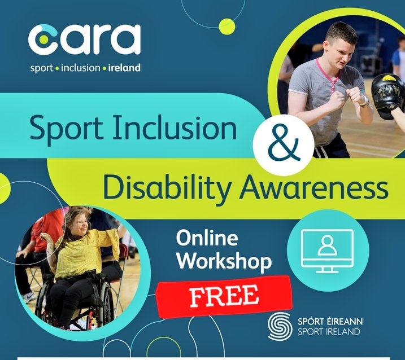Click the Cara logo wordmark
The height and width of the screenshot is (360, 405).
pos(84,39)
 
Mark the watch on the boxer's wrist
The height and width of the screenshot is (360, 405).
pos(364,102)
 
